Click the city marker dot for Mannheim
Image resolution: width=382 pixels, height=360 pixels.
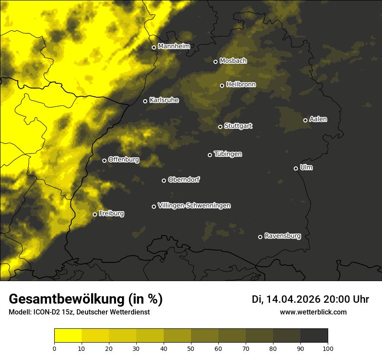pos(154,48)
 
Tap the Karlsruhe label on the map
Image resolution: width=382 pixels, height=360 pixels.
pos(164,100)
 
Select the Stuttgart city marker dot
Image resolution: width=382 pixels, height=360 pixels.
pos(220,127)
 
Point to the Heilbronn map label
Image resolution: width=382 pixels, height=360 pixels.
pos(241,85)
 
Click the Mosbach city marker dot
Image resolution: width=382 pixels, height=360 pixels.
pos(215,62)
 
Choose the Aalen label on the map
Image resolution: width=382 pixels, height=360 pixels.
pos(318,119)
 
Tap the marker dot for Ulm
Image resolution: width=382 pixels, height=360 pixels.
pos(296,168)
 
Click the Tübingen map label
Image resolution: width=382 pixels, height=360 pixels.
pos(228,154)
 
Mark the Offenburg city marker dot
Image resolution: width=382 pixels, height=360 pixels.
pos(104,160)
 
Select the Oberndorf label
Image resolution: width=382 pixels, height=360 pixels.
pos(184,180)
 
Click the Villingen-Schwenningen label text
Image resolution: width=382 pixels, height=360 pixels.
pos(194,206)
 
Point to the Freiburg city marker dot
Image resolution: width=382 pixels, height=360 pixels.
pos(95,214)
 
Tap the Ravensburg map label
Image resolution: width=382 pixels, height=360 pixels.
pos(282,236)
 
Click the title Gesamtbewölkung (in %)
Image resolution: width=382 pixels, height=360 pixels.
pos(86,299)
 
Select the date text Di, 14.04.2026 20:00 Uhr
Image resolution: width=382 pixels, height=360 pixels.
pos(310,299)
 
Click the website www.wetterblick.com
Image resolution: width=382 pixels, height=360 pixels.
pos(313,312)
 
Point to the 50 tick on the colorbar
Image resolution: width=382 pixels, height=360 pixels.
pos(191,348)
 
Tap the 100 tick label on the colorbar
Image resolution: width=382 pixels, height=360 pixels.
pos(328,348)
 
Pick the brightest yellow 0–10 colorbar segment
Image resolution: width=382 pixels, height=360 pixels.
pos(68,336)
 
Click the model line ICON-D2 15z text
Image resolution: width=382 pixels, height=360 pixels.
pos(79,312)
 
